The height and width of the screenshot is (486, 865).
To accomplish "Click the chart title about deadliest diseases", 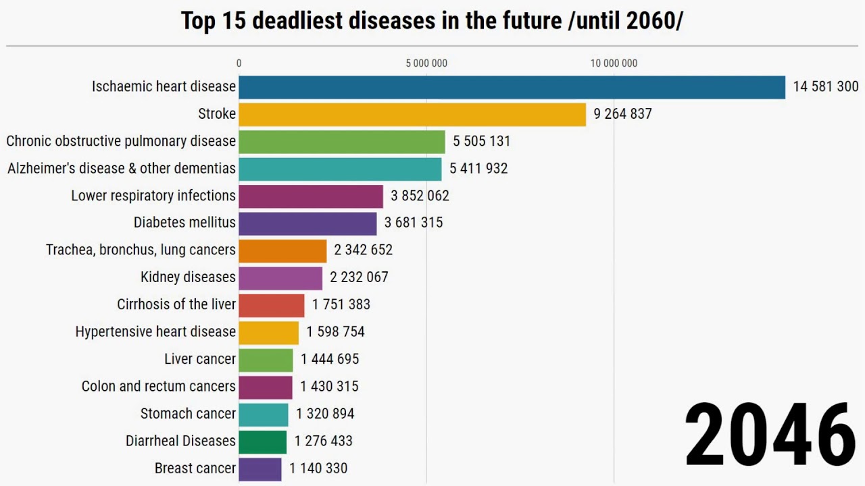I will point(432,21).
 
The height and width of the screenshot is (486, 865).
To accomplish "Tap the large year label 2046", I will point(770,435).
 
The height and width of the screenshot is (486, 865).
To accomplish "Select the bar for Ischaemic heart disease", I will point(512,87).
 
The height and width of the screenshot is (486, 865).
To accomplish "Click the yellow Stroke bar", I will point(412,114).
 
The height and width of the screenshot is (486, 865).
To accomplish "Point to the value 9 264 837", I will point(622,114).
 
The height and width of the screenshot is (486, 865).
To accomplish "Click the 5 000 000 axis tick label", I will point(426,63).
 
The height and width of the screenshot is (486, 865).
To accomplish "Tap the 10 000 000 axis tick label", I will point(614,63).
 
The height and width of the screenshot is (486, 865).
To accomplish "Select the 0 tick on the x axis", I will point(239,63).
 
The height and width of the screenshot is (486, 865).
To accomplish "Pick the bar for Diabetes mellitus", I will point(307,223).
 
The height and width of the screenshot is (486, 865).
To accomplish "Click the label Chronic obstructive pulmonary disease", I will point(121,141).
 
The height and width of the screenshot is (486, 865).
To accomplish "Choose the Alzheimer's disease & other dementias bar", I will point(340,169).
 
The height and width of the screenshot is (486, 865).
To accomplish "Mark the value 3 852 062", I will point(420,196).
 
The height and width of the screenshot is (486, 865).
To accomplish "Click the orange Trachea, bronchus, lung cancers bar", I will point(282,250).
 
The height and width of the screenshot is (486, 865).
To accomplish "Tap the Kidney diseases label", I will point(188,277).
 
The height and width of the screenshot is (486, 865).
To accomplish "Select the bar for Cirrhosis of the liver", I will point(272,304).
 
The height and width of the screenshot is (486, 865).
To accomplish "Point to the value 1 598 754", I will point(335,332).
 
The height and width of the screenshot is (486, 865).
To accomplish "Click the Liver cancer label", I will point(200,359).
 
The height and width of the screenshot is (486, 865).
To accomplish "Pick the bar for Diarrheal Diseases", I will point(262,441).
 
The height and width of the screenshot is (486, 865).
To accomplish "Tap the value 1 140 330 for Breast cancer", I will point(318,468).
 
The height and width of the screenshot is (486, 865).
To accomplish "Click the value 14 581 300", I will point(825,87).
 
